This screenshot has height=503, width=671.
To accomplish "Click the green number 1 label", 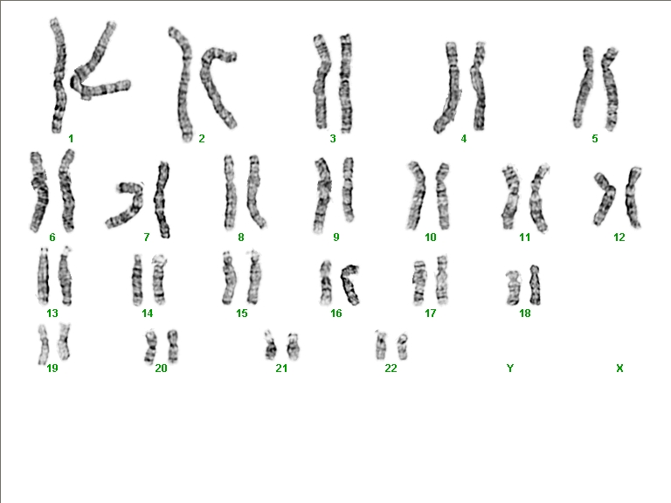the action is point(71,139).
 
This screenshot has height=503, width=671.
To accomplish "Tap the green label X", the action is point(619,368).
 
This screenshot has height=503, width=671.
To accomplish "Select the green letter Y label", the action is point(510,368).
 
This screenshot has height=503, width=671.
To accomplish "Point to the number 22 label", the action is point(391,368).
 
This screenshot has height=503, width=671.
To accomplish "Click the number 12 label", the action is point(619,237).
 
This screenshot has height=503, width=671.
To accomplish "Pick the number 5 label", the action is point(595,139).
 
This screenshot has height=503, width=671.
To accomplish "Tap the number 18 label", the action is point(524,314).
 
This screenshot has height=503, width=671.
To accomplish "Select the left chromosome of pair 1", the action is point(59,77).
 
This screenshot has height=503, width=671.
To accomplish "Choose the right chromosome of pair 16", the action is point(349,285).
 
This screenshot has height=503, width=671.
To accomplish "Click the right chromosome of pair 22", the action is point(402,347).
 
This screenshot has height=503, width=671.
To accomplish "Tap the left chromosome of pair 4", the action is point(450,87).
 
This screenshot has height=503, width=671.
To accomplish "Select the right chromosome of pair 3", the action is point(346,84).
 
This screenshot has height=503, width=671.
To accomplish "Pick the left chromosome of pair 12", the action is point(604,199).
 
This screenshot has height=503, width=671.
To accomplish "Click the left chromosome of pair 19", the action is point(43,344).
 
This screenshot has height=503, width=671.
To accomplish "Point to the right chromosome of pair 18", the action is point(535,285).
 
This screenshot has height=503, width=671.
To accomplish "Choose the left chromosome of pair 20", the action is point(150,347).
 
